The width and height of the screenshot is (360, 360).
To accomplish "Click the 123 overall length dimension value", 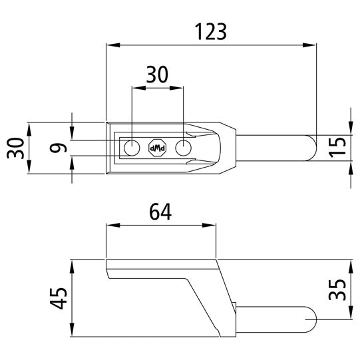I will (211, 31).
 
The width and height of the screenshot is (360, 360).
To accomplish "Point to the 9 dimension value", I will (60, 148).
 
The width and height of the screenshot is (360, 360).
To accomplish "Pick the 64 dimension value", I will (160, 212).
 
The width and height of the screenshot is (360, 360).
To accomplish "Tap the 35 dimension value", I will (337, 290).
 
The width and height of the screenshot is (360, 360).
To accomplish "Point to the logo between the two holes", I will (158, 148).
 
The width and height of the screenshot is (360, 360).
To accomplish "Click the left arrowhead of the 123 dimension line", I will (112, 45).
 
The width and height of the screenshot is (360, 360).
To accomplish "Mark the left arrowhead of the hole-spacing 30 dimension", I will (137, 87).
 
